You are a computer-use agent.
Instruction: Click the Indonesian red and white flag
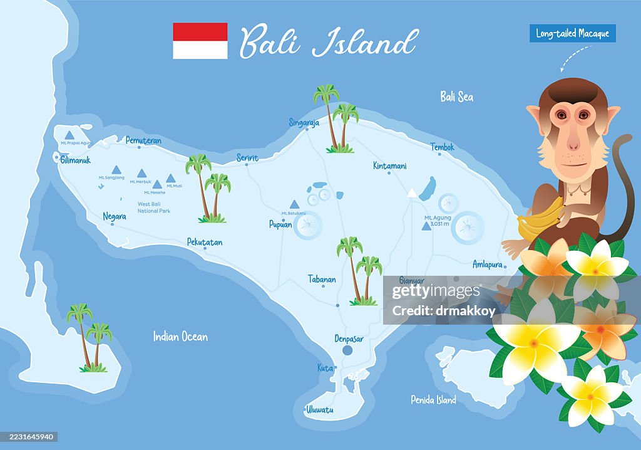point(200,41)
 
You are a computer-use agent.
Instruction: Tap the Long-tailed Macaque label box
point(572,33)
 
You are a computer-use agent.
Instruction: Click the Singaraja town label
point(304,123)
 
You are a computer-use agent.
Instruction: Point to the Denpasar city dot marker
point(348,351)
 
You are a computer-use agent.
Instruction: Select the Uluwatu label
point(319,410)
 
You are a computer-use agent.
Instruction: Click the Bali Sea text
point(456,97)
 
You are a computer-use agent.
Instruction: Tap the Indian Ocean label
point(180,337)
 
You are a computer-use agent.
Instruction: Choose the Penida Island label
point(433,399)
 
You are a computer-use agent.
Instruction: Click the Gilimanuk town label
point(76,160)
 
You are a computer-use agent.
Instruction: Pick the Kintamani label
point(389,166)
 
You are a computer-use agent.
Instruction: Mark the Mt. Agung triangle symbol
point(426,226)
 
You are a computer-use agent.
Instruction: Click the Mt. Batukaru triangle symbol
point(294,204)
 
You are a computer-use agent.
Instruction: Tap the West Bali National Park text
point(154,207)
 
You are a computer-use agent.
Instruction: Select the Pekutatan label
point(205,242)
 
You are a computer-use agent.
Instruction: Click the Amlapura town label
point(488,264)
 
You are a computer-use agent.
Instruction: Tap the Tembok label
point(442,147)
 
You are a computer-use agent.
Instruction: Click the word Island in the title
point(364,43)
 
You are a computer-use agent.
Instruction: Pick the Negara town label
point(115,216)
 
